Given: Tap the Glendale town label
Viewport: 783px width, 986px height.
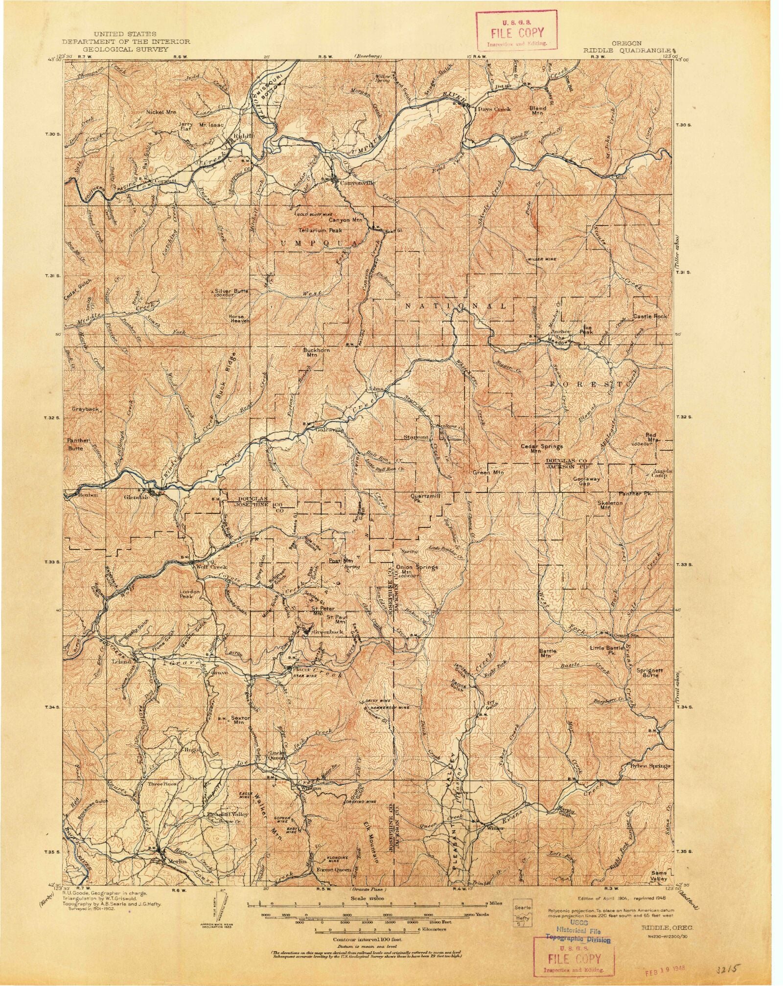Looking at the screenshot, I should [135, 496].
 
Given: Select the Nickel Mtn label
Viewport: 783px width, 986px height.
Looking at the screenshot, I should [161, 112].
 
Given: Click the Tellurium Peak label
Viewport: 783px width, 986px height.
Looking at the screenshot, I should [321, 230].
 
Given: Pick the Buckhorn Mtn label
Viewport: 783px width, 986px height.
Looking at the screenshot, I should [317, 352].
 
